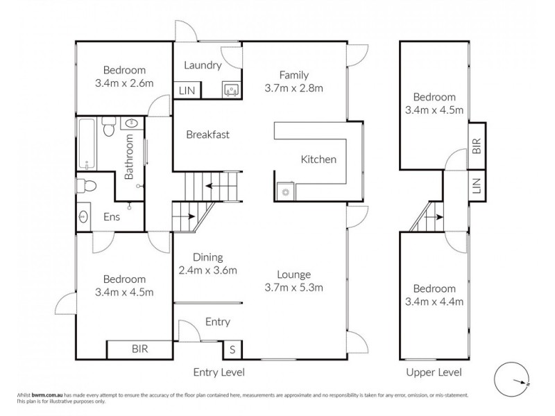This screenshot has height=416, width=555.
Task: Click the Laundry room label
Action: tap(203, 66)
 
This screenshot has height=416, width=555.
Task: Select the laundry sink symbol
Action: tap(231, 89)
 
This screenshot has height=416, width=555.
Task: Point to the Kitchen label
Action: tap(318, 159)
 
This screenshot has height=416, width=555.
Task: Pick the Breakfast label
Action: tap(207, 135)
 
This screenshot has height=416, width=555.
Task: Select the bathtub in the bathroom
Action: tap(86, 144)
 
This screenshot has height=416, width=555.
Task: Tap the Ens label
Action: tap(112, 217)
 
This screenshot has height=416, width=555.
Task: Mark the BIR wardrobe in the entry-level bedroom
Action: tap(139, 349)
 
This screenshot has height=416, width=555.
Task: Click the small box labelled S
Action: tap(232, 349)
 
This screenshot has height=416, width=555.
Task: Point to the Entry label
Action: tap(217, 322)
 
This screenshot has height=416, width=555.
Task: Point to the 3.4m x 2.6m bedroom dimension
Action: tap(124, 83)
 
